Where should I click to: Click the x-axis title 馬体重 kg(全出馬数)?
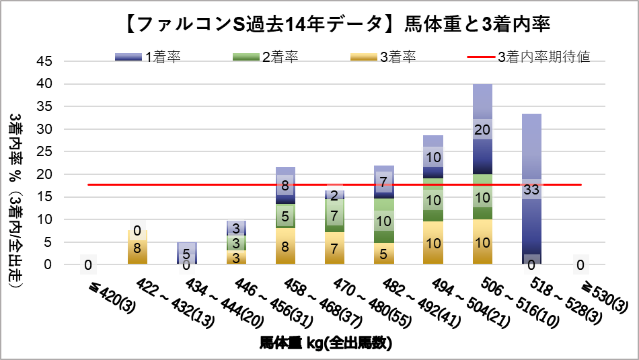[326, 343]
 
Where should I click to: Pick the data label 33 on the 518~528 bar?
[531, 190]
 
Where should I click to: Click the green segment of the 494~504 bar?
[433, 200]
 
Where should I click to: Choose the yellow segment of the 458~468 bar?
[285, 246]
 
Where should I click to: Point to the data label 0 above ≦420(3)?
[88, 264]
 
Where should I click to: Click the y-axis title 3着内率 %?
[16, 202]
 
